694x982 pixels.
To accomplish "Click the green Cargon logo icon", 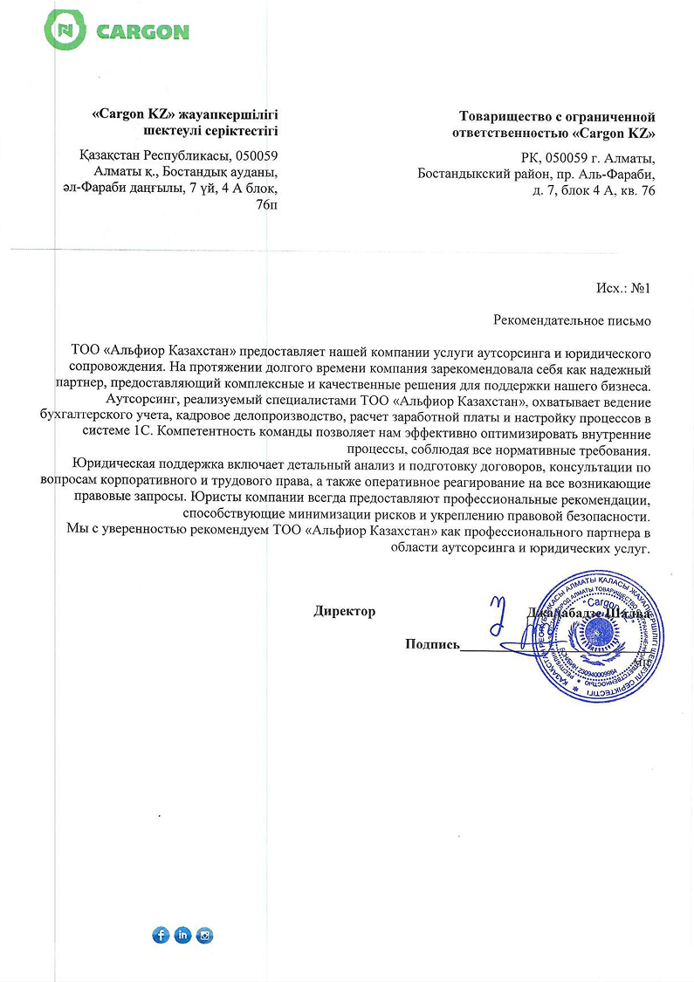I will [x=66, y=32].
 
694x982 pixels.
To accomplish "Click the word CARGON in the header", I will [x=142, y=33].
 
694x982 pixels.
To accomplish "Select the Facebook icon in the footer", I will [x=161, y=935].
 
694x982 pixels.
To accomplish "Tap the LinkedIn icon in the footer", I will [x=182, y=935].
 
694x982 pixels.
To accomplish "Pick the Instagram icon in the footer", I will [x=205, y=935].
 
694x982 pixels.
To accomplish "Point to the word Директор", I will [x=344, y=612].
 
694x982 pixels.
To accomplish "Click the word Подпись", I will [x=432, y=645].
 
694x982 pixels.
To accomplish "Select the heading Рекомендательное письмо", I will [x=572, y=320].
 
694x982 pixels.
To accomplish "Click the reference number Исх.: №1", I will [x=622, y=287].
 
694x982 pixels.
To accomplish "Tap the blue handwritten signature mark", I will [x=498, y=615].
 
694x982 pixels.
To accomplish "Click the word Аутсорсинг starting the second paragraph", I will [x=130, y=401].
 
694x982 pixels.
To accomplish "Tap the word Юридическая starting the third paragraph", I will [x=109, y=464].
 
